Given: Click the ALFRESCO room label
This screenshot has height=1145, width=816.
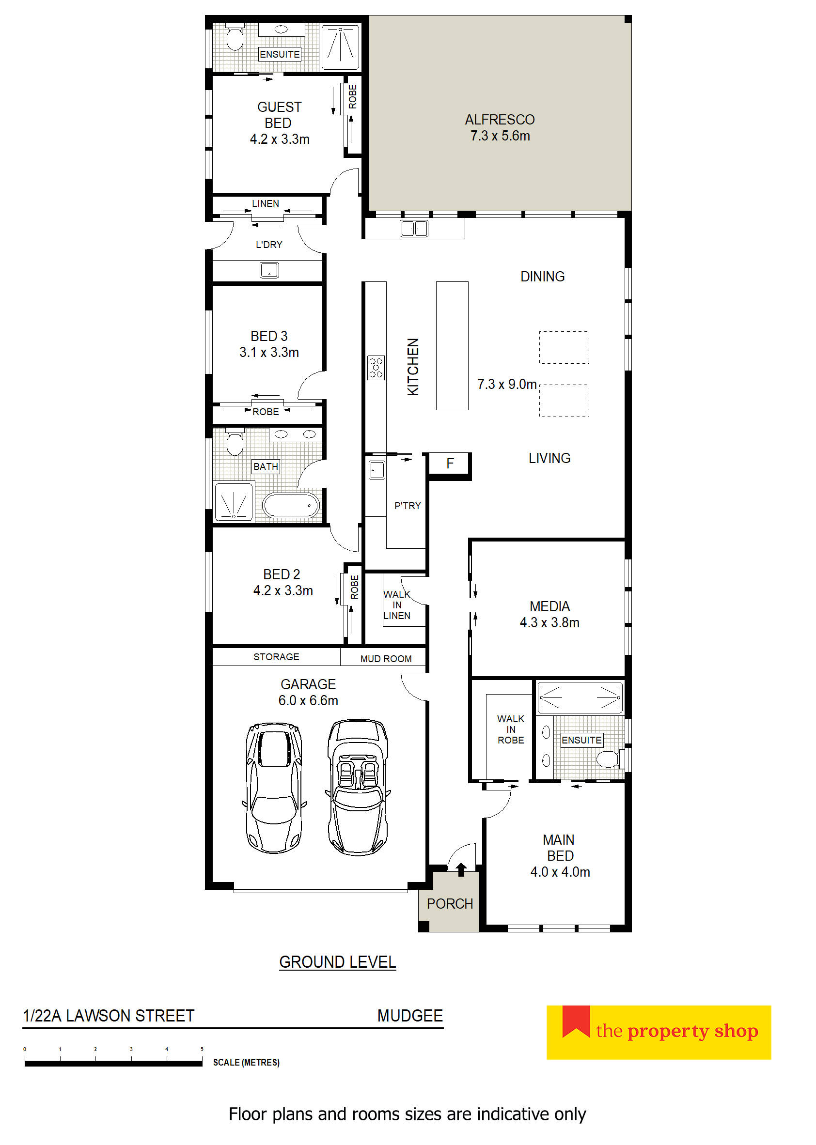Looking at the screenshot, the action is coord(500,120).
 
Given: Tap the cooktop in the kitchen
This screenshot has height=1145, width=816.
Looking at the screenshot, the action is coord(376,368).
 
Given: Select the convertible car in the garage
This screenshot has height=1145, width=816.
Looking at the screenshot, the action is coord(357,787).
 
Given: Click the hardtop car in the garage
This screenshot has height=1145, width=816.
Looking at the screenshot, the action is coord(274,788).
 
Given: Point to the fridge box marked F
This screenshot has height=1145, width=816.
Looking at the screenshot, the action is coord(450,464).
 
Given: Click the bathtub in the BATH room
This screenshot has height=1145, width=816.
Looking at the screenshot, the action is coord(291,506).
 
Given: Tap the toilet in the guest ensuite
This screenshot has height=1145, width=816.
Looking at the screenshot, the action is coord(235,37).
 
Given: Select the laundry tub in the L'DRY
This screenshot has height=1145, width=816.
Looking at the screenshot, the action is coord(269,270).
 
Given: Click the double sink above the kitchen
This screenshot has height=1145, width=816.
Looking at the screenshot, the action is coord(414,229).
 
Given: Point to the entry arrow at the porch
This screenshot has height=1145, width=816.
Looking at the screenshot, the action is coord(461,869).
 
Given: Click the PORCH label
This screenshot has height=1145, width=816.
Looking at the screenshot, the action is coord(450,903).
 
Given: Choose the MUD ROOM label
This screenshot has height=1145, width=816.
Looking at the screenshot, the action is coord(386,659).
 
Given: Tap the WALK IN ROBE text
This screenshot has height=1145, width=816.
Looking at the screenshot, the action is coord(511,729).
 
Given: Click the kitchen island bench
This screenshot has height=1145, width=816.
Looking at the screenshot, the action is coord(452,345).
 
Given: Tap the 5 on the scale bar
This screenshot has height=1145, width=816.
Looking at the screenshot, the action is coord(202,1049).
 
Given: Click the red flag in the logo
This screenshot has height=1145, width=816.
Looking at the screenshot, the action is coord(576,1021).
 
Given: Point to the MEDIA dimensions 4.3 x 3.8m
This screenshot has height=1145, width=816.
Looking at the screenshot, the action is coord(549,623).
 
